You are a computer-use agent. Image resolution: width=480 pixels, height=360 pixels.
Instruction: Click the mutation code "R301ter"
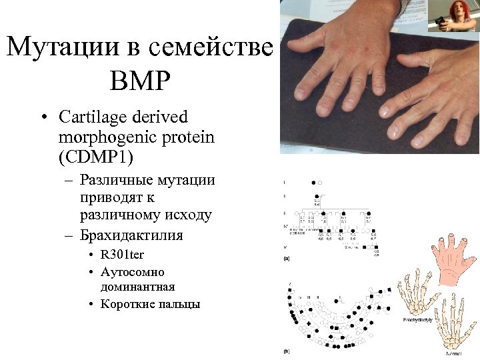pos(122,255)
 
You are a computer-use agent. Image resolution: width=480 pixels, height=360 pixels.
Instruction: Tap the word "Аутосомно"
pos(133,272)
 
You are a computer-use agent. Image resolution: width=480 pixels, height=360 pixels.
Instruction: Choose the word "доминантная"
pos(137,287)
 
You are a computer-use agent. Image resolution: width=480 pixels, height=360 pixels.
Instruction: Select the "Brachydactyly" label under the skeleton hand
pos(418,321)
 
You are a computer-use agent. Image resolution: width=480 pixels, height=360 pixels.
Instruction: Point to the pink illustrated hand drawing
pos(447,259)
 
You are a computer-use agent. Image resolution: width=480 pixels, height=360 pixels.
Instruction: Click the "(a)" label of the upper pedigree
pos(286,257)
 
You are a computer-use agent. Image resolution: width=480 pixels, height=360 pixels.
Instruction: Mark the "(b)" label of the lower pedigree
pos(286,351)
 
